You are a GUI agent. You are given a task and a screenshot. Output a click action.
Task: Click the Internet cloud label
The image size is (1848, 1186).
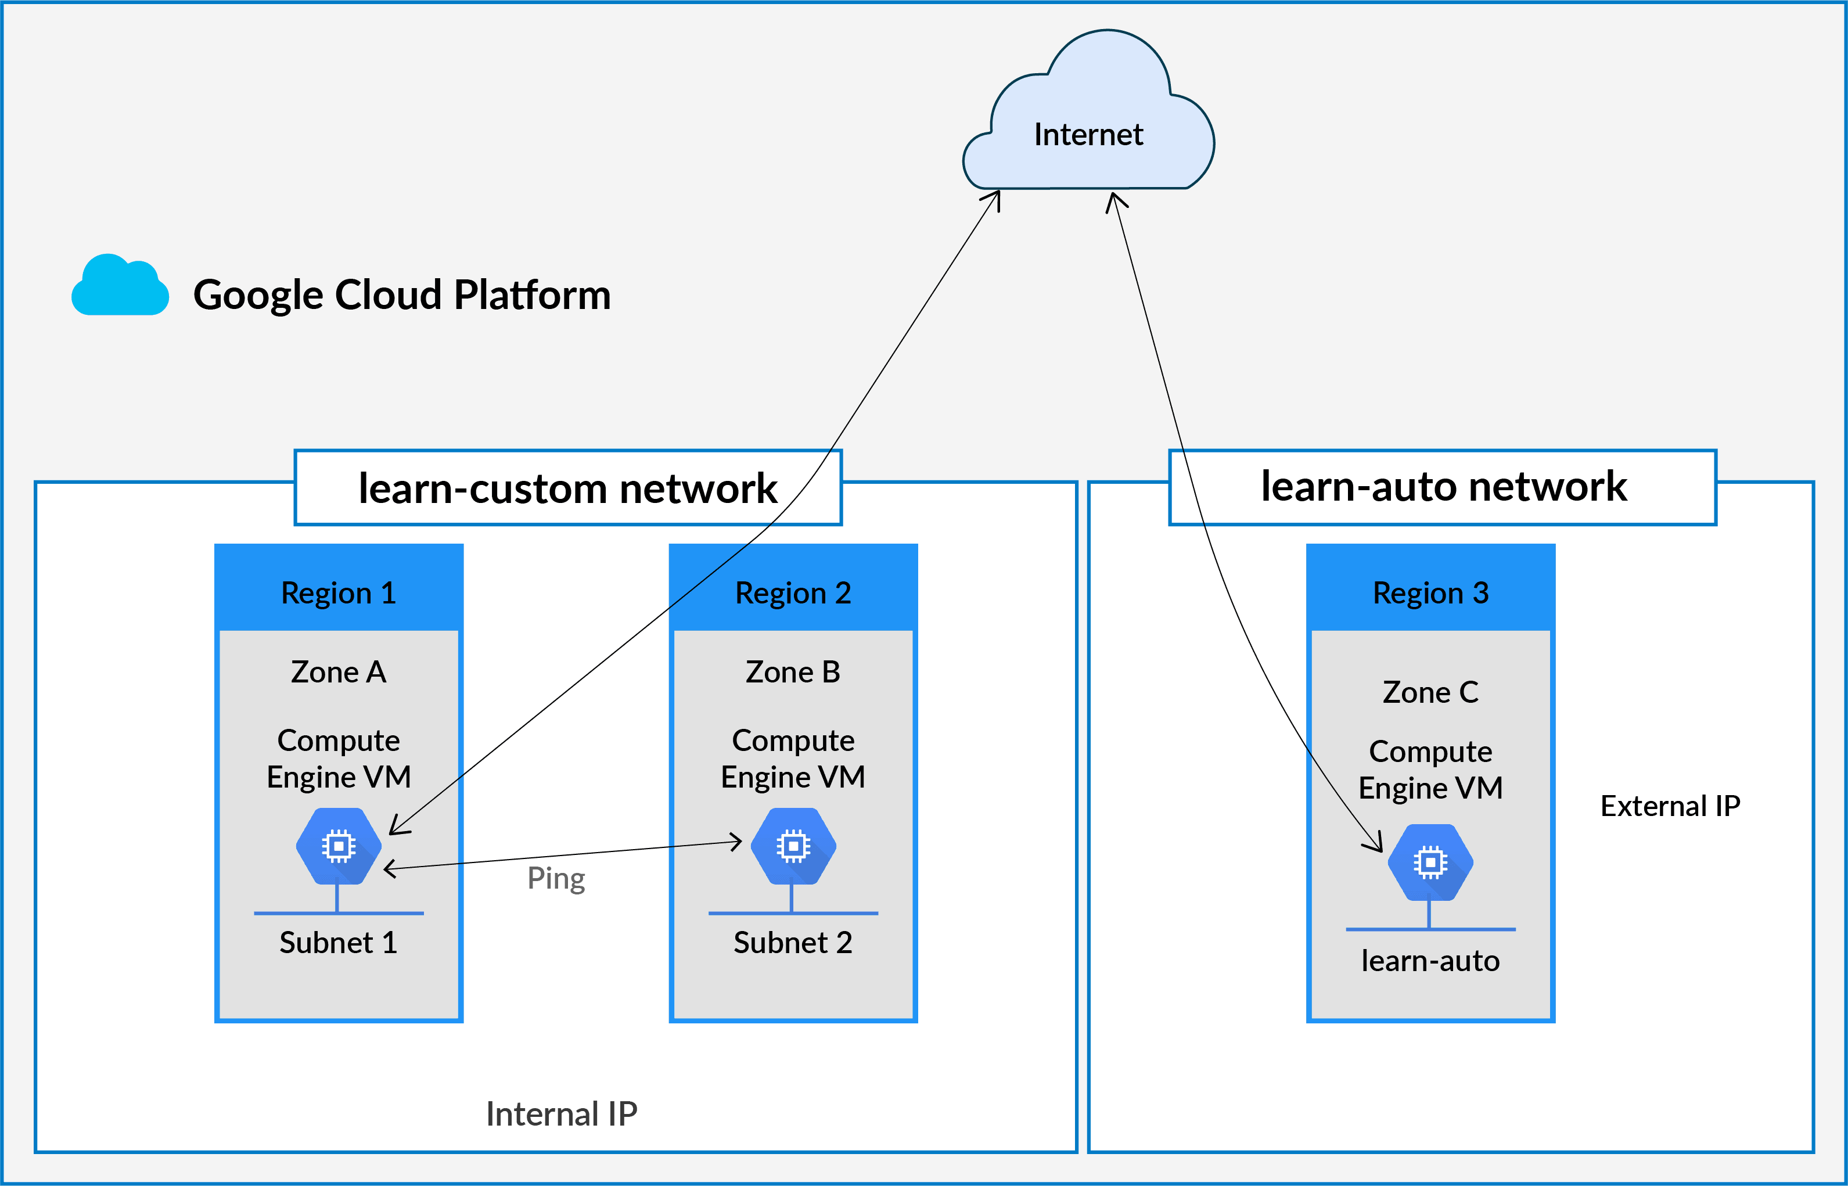(1088, 135)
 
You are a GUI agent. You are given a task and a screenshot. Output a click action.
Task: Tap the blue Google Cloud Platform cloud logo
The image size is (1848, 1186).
(120, 286)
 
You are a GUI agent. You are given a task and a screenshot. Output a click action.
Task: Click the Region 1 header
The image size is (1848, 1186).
(339, 593)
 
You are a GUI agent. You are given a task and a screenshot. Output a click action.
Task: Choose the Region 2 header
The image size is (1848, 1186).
(793, 593)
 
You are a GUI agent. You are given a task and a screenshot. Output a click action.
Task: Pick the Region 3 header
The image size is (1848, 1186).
(1430, 593)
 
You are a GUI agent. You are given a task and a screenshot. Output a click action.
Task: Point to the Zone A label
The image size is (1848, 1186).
(339, 673)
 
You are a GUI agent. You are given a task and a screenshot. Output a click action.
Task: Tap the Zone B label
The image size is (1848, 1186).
(793, 673)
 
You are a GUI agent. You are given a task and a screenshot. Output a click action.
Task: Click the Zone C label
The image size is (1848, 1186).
(1430, 692)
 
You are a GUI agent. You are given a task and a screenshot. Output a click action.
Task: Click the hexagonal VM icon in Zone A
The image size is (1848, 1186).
(339, 846)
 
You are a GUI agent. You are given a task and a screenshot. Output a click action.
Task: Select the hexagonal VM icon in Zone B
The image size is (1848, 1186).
(793, 846)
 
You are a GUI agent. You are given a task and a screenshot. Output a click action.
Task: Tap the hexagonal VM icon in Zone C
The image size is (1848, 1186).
(1430, 862)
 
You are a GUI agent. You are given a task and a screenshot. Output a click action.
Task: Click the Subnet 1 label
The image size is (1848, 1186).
(339, 943)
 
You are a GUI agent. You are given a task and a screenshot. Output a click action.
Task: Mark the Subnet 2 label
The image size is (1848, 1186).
(793, 943)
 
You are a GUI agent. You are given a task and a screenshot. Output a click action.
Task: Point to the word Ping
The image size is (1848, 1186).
(556, 879)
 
